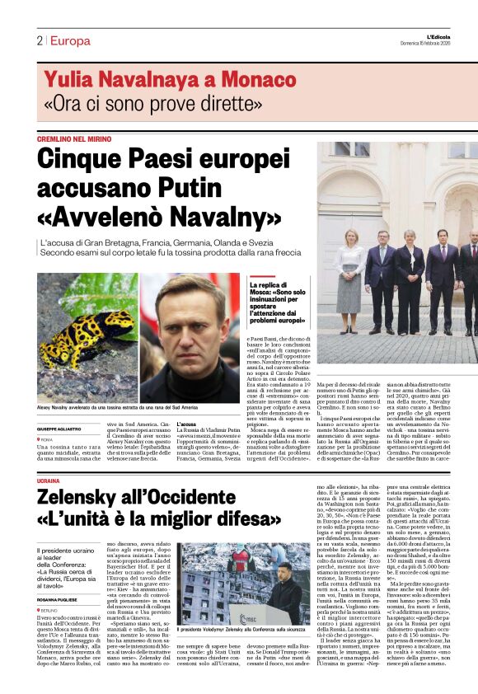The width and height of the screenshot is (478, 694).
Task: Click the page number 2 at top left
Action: coord(39,40)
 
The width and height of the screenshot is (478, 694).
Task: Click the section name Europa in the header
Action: coord(70,40)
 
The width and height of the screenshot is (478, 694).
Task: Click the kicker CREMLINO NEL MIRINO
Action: coord(75,139)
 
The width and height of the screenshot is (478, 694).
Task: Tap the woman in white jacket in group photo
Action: coord(348,272)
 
